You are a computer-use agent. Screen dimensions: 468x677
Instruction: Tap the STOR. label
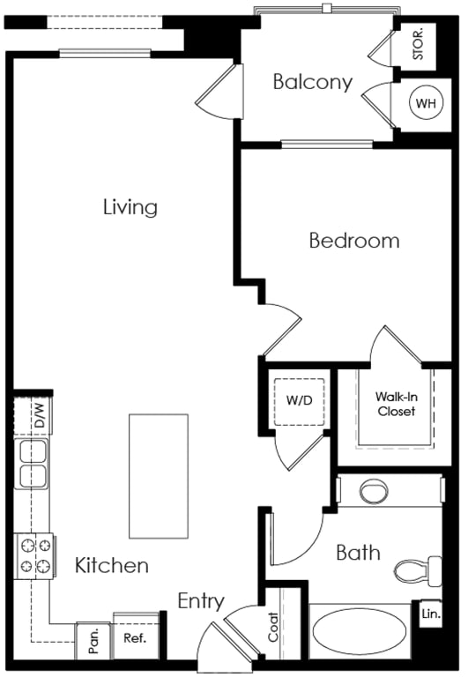coord(419,44)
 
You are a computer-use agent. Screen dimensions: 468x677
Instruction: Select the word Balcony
coord(313,82)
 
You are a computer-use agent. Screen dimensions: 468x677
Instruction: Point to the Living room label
coord(130,206)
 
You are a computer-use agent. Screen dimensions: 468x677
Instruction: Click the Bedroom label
coord(354,240)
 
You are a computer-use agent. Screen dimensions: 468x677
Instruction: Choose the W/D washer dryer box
coord(299,402)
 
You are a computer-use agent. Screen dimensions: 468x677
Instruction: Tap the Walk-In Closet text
coord(396,404)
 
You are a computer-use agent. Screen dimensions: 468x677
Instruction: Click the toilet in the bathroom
coord(418,571)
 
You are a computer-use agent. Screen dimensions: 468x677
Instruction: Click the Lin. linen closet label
coord(431,614)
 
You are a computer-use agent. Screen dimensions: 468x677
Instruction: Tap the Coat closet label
coord(273,627)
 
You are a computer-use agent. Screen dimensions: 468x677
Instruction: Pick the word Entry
coord(201,601)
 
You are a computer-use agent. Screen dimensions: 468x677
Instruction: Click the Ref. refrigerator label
coord(135,637)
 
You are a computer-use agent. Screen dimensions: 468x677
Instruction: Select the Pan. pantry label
coord(93,640)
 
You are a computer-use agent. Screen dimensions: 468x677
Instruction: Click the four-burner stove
coord(35,556)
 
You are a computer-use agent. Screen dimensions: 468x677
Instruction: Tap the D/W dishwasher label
coord(40,415)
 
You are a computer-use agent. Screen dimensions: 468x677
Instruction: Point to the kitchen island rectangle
coord(159,476)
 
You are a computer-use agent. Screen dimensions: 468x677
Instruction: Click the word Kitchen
coord(112,565)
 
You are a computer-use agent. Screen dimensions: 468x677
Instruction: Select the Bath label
coord(358,553)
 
